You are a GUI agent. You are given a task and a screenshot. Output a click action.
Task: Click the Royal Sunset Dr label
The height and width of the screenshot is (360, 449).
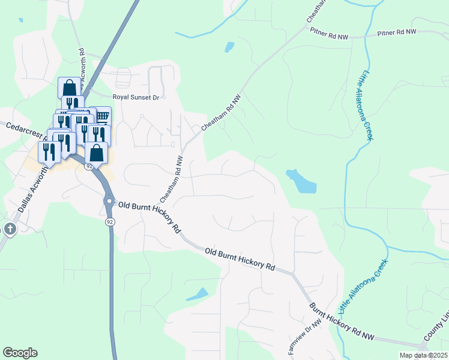tap(139, 97)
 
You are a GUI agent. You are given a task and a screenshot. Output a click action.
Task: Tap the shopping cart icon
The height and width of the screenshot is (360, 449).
tap(103, 115)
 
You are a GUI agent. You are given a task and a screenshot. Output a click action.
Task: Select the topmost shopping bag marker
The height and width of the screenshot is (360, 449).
tap(68, 87)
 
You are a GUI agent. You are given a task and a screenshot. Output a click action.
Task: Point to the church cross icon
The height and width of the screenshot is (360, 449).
tap(10, 229)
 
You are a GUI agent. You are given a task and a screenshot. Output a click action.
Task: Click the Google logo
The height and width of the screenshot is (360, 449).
tap(20, 353)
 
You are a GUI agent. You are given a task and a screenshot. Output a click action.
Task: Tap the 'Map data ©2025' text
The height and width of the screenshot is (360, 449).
tap(423, 355)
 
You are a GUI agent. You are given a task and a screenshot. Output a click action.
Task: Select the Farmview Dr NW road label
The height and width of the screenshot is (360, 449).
tap(305, 337)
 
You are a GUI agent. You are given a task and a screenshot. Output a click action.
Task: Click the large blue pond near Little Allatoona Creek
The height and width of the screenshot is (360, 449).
tap(301, 181)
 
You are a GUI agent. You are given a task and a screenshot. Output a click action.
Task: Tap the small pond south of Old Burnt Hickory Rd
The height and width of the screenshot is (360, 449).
tap(198, 295)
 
